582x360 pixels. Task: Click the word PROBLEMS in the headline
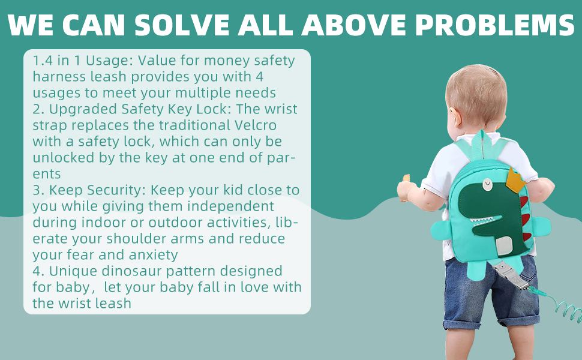(494, 25)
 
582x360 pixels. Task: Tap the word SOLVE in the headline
(182, 25)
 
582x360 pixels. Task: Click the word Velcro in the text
(256, 125)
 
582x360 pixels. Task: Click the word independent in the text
(230, 206)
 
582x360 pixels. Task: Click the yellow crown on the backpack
(516, 181)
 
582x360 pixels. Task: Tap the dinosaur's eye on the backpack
(487, 184)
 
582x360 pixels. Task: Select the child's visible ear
(455, 115)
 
